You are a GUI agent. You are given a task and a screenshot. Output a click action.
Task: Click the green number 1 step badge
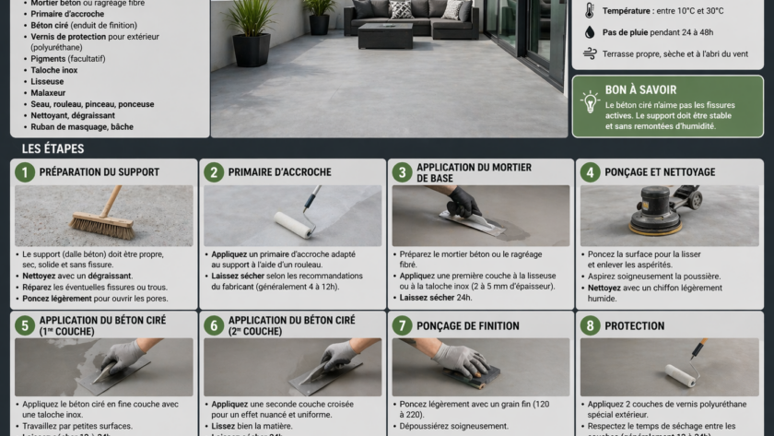(x=25, y=172)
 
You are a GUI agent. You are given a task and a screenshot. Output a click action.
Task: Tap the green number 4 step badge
(x=590, y=172)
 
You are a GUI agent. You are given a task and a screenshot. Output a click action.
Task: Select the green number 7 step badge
(x=402, y=325)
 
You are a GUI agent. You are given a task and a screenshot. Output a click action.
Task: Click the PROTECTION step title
(x=634, y=325)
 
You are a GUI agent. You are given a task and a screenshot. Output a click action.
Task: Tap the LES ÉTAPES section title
(x=53, y=148)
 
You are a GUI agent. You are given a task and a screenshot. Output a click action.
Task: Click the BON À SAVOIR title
(x=640, y=90)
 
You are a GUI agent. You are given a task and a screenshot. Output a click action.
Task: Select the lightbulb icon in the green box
(x=590, y=100)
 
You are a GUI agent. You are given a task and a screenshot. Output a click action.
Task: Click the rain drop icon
(x=590, y=32)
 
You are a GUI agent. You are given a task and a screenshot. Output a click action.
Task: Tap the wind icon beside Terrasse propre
(x=590, y=54)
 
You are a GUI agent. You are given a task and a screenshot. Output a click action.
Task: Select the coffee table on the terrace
(x=384, y=35)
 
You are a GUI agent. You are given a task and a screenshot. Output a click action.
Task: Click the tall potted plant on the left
(x=251, y=32)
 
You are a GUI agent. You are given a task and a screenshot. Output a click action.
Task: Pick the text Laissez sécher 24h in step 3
(x=437, y=298)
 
